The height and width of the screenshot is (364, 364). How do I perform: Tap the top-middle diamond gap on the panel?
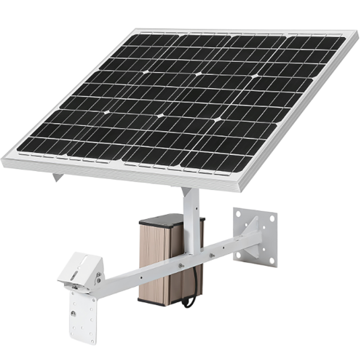tap(198, 74)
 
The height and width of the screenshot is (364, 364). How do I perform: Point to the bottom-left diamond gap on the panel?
tap(106, 112)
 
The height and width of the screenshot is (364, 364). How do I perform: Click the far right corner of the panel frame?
tap(357, 34)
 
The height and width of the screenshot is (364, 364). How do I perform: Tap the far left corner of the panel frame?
tap(3, 162)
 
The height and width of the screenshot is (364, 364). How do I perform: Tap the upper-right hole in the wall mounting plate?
tap(272, 218)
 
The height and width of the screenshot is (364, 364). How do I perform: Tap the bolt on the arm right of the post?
tap(211, 255)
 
